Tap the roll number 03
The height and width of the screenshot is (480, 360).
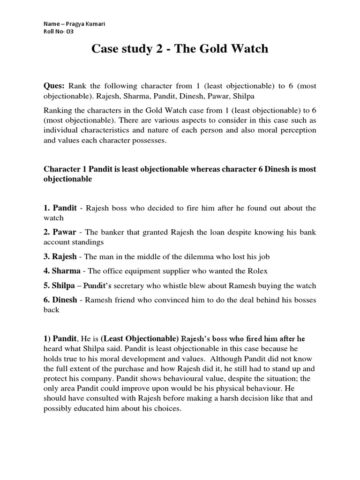click(x=68, y=32)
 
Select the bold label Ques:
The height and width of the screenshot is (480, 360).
click(x=54, y=86)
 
